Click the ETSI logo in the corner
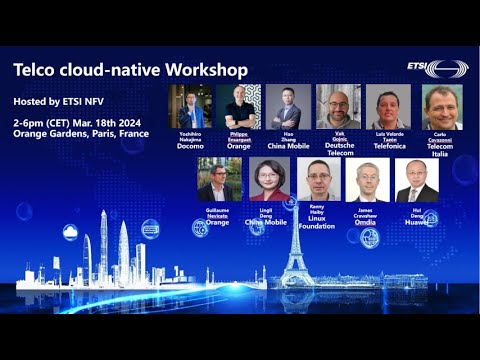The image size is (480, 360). pyautogui.click(x=437, y=69)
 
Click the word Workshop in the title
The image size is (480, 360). pyautogui.click(x=208, y=72)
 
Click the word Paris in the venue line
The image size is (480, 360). pyautogui.click(x=101, y=134)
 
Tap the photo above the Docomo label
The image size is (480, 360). pyautogui.click(x=190, y=106)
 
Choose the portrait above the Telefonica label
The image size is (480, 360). pyautogui.click(x=388, y=106)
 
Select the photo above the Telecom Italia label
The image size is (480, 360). pyautogui.click(x=441, y=106)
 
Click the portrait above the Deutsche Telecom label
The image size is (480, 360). pyautogui.click(x=338, y=106)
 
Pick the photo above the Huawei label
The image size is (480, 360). pyautogui.click(x=417, y=180)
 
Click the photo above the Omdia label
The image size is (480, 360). pyautogui.click(x=367, y=180)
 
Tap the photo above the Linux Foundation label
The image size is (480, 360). pyautogui.click(x=318, y=180)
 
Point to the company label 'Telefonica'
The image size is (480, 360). pyautogui.click(x=388, y=144)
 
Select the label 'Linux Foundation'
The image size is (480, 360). pyautogui.click(x=317, y=223)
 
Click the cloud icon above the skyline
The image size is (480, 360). pyautogui.click(x=70, y=232)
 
